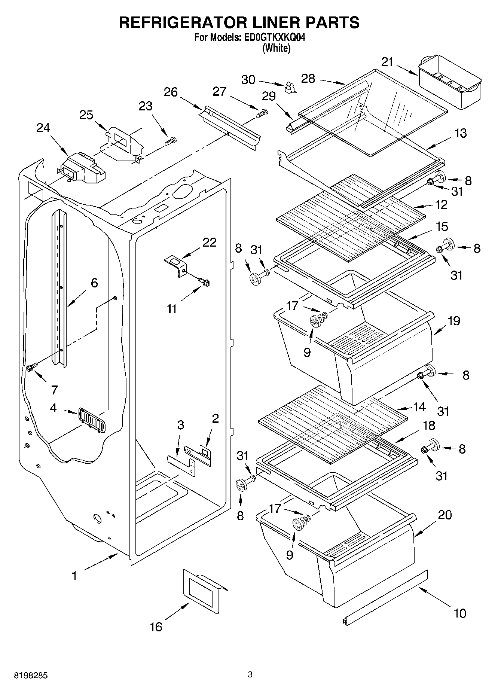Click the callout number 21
(x=387, y=61)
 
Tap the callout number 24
(x=43, y=128)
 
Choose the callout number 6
(x=94, y=283)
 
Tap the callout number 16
(x=156, y=626)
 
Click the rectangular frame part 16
(x=202, y=591)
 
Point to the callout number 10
(x=460, y=613)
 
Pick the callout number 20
(x=445, y=515)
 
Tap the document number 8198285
(x=31, y=676)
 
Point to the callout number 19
(x=453, y=321)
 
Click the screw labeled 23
(x=171, y=141)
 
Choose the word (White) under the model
(x=276, y=48)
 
